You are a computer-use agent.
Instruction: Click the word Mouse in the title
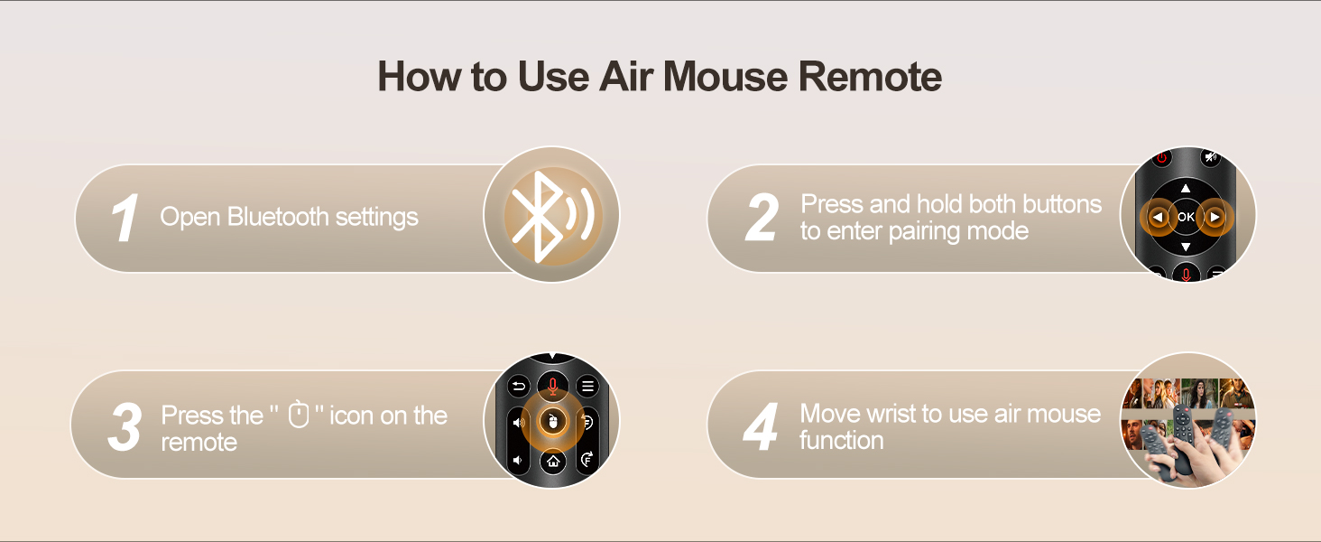pos(725,76)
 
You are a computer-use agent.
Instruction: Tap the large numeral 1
pos(125,218)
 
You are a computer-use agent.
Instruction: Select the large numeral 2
pos(762,218)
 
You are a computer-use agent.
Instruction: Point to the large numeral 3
pos(125,426)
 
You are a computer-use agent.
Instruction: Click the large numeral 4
pos(761,426)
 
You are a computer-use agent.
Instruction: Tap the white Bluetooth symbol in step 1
pos(537,217)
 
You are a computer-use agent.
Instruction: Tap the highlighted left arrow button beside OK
pos(1158,218)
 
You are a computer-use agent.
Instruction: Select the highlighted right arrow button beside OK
pos(1215,218)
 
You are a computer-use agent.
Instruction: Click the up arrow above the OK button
pos(1186,189)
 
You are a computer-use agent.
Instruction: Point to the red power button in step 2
pos(1162,158)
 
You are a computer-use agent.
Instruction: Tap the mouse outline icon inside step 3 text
pos(299,414)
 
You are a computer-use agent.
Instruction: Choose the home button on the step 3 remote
pos(552,461)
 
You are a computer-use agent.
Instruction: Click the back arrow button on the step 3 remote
pos(518,387)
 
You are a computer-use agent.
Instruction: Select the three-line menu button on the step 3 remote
pos(587,387)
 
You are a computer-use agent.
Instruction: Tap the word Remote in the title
pos(870,76)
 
